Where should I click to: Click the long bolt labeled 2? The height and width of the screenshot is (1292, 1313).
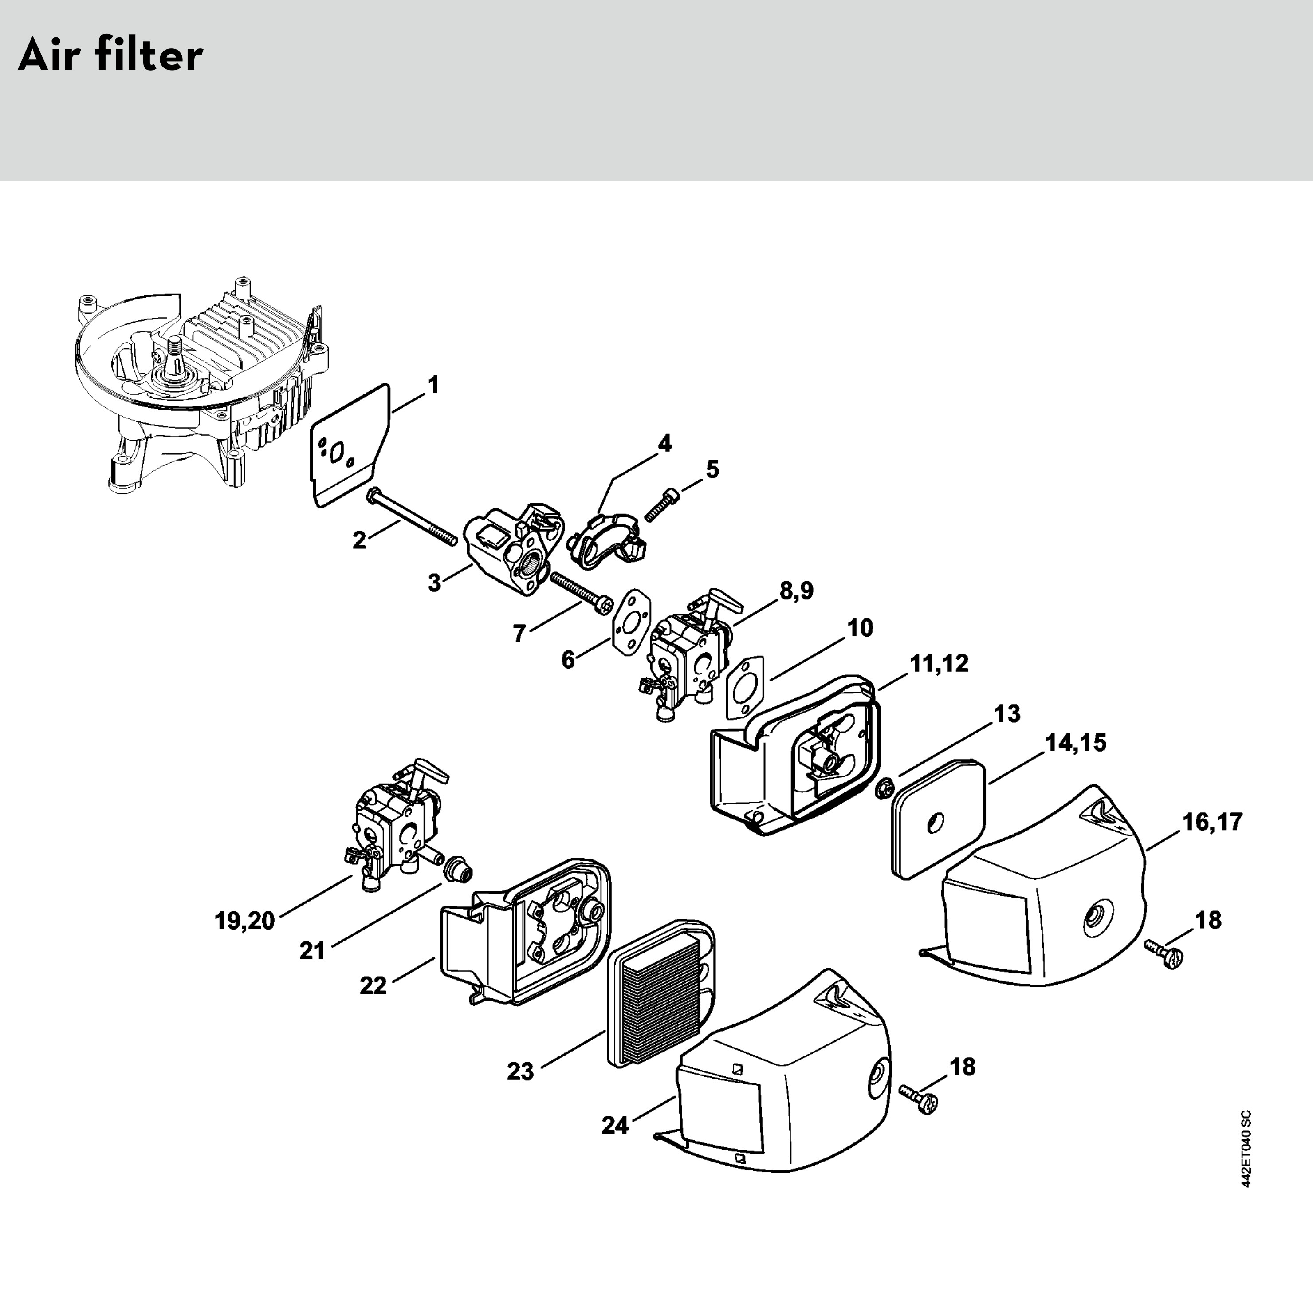tap(412, 517)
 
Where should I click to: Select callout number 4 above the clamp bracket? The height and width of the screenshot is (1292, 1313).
tap(665, 444)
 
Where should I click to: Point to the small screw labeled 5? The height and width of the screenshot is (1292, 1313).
tap(661, 504)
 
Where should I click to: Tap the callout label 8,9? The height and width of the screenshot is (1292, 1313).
tap(796, 591)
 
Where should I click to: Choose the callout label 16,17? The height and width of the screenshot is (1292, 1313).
tap(1213, 822)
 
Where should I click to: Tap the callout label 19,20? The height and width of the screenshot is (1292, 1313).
tap(245, 921)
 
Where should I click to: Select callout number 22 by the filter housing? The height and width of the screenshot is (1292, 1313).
tap(373, 985)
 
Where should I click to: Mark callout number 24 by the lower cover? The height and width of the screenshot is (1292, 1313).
tap(615, 1125)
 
